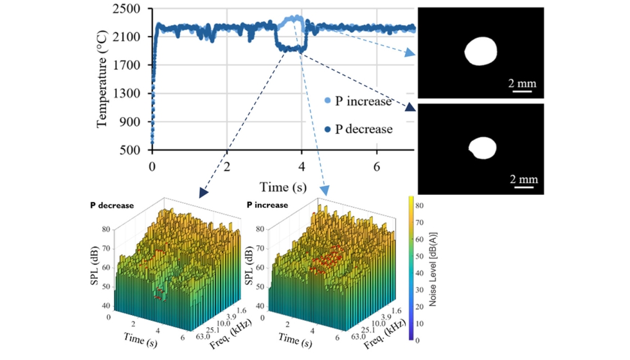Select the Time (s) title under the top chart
tap(283, 187)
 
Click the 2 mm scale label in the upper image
tap(522, 83)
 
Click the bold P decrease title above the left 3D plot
tap(112, 206)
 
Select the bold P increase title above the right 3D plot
tap(267, 206)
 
